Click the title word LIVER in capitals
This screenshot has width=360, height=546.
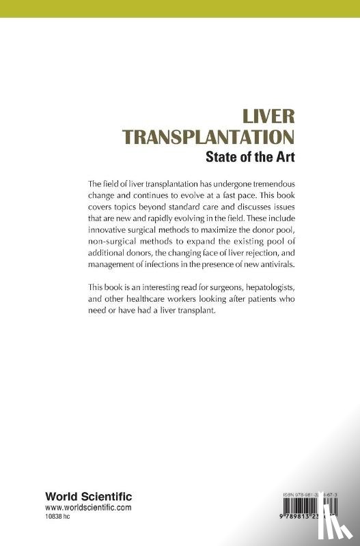pos(259,116)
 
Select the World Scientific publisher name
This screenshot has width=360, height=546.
pos(89,496)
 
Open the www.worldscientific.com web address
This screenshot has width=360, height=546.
pos(89,508)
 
